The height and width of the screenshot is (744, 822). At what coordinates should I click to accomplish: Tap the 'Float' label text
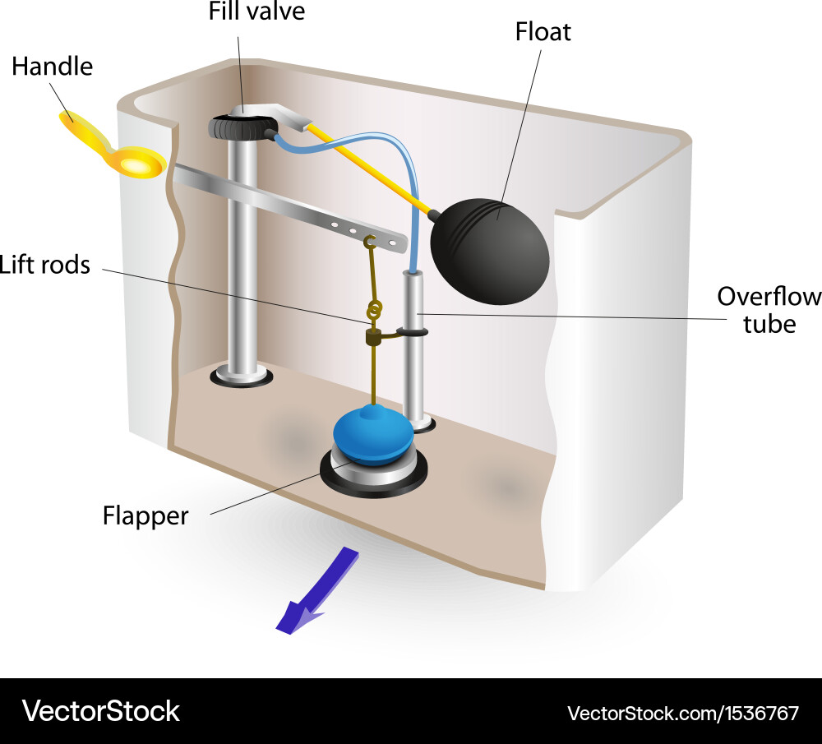(x=543, y=32)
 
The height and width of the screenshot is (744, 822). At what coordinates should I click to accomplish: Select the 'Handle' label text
(x=52, y=67)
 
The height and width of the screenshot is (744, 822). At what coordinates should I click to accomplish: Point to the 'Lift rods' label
(x=44, y=265)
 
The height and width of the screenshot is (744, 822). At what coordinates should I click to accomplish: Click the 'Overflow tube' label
(x=769, y=309)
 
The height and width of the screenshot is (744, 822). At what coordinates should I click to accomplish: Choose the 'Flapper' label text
(x=145, y=515)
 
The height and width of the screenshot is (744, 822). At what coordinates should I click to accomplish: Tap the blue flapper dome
(x=372, y=434)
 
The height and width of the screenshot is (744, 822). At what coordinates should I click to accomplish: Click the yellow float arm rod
(x=370, y=168)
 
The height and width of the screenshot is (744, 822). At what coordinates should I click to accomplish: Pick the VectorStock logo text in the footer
(x=100, y=710)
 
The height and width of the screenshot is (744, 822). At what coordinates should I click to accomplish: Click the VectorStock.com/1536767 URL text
(x=682, y=712)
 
